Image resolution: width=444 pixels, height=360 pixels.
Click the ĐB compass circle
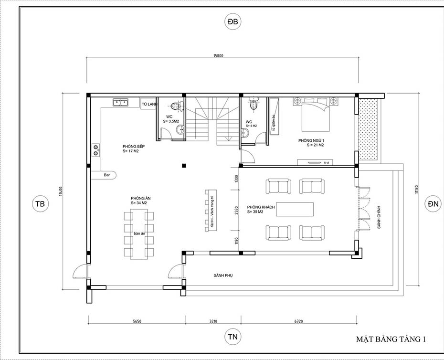click(233, 22)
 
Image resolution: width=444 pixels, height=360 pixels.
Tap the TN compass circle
click(233, 337)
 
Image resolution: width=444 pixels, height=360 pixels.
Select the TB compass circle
click(40, 204)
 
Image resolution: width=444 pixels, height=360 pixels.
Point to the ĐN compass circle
click(433, 204)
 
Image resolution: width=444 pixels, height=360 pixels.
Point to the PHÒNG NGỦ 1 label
click(311, 140)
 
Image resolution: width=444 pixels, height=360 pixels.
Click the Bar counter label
click(107, 175)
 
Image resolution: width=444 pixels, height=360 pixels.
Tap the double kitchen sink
click(120, 102)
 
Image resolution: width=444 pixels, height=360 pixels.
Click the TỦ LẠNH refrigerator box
click(149, 104)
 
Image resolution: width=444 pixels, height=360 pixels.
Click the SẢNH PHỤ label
click(223, 275)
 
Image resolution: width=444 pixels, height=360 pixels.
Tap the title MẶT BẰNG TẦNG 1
click(390, 339)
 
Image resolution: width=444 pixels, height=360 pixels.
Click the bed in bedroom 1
click(313, 115)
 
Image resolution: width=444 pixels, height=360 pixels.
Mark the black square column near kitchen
click(184, 166)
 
